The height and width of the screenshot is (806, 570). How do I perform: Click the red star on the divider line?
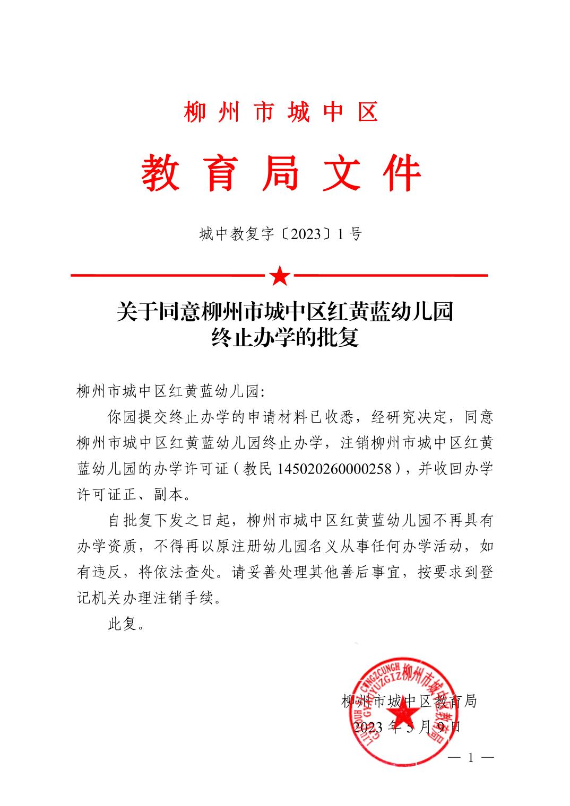280,276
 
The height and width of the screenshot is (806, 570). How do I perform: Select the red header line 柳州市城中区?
281,112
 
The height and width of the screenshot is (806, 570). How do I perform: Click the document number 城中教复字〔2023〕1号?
281,233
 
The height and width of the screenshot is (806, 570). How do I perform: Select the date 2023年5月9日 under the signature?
407,726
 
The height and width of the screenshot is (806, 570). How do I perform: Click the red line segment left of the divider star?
168,276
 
